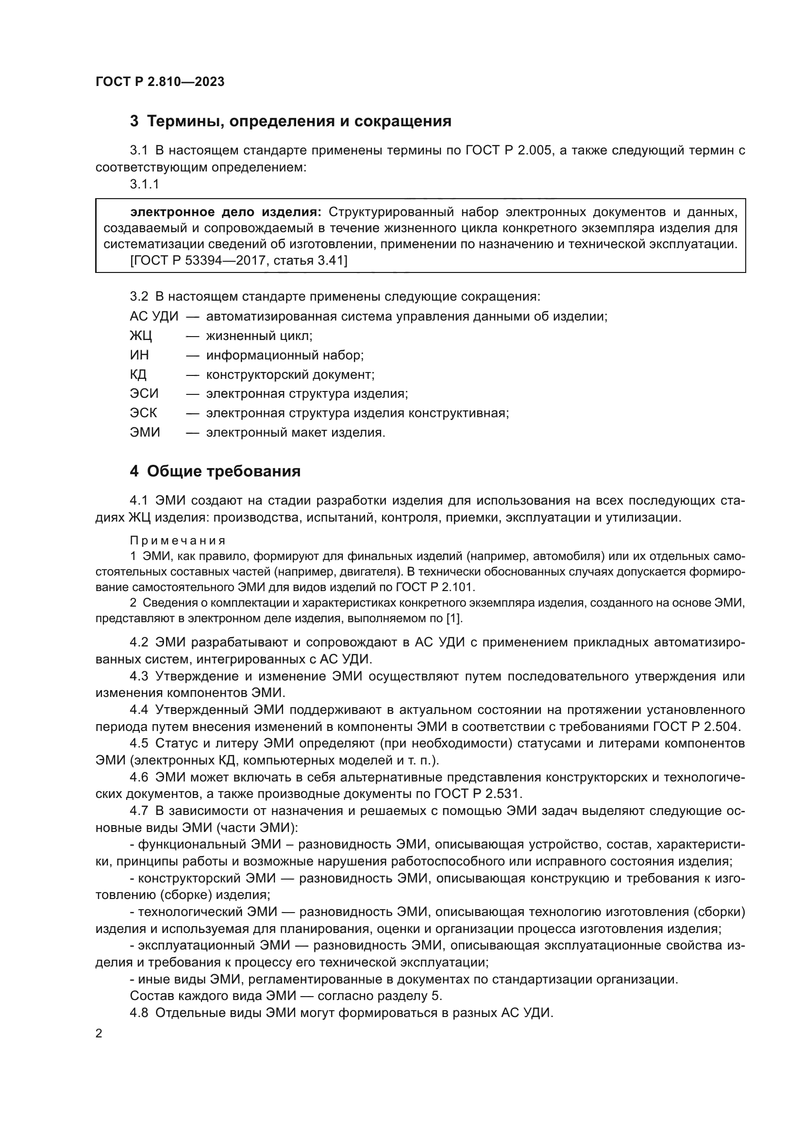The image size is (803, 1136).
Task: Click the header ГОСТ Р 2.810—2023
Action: point(160,82)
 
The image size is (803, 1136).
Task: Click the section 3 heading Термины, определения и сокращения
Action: point(290,121)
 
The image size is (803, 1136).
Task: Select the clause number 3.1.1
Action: point(144,184)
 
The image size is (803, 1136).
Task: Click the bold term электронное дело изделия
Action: point(225,212)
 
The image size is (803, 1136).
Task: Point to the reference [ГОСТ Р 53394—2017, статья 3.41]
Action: point(238,260)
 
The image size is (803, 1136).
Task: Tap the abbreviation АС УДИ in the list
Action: point(154,317)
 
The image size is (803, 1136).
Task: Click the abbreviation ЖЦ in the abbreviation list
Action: point(141,336)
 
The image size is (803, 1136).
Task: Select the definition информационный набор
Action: point(285,355)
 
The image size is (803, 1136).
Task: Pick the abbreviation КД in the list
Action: point(138,374)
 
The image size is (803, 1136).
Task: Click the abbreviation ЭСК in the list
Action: point(143,413)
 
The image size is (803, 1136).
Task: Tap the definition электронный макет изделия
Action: point(295,432)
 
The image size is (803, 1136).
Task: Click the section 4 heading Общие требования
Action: point(215,472)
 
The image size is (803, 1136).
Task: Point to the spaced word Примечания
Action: point(178,540)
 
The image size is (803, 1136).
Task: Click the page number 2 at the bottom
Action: point(99,1033)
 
